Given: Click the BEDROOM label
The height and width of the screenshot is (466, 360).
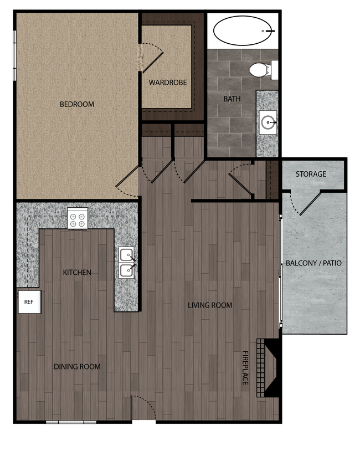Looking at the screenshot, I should pos(77,104).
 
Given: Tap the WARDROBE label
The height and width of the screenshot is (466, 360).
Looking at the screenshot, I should pos(168,83).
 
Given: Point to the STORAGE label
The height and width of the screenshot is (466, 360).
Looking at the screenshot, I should pos(311,174).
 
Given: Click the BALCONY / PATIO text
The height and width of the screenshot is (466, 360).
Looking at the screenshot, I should pos(313,263).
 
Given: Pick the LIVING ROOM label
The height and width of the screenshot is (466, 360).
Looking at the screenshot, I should pos(210,305).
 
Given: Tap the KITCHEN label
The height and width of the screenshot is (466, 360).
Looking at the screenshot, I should pos(77,272).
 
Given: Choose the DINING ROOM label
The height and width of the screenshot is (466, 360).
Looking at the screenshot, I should pos(77,366).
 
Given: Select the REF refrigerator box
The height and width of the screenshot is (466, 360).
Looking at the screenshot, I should pos(29,302).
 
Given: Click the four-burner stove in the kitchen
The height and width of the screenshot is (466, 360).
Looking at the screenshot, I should pos(78,218).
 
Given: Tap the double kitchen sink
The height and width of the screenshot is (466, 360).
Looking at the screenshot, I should pos(127,263).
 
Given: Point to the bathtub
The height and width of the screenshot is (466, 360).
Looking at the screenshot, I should pos(244,31).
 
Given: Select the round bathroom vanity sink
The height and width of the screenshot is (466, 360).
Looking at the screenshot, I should pos(269,122).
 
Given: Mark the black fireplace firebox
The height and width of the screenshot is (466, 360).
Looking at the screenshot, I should pos(272,367).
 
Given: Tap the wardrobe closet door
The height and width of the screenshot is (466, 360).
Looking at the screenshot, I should pos(151,57).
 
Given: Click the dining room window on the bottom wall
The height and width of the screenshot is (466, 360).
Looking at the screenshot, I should pos(71,423).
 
